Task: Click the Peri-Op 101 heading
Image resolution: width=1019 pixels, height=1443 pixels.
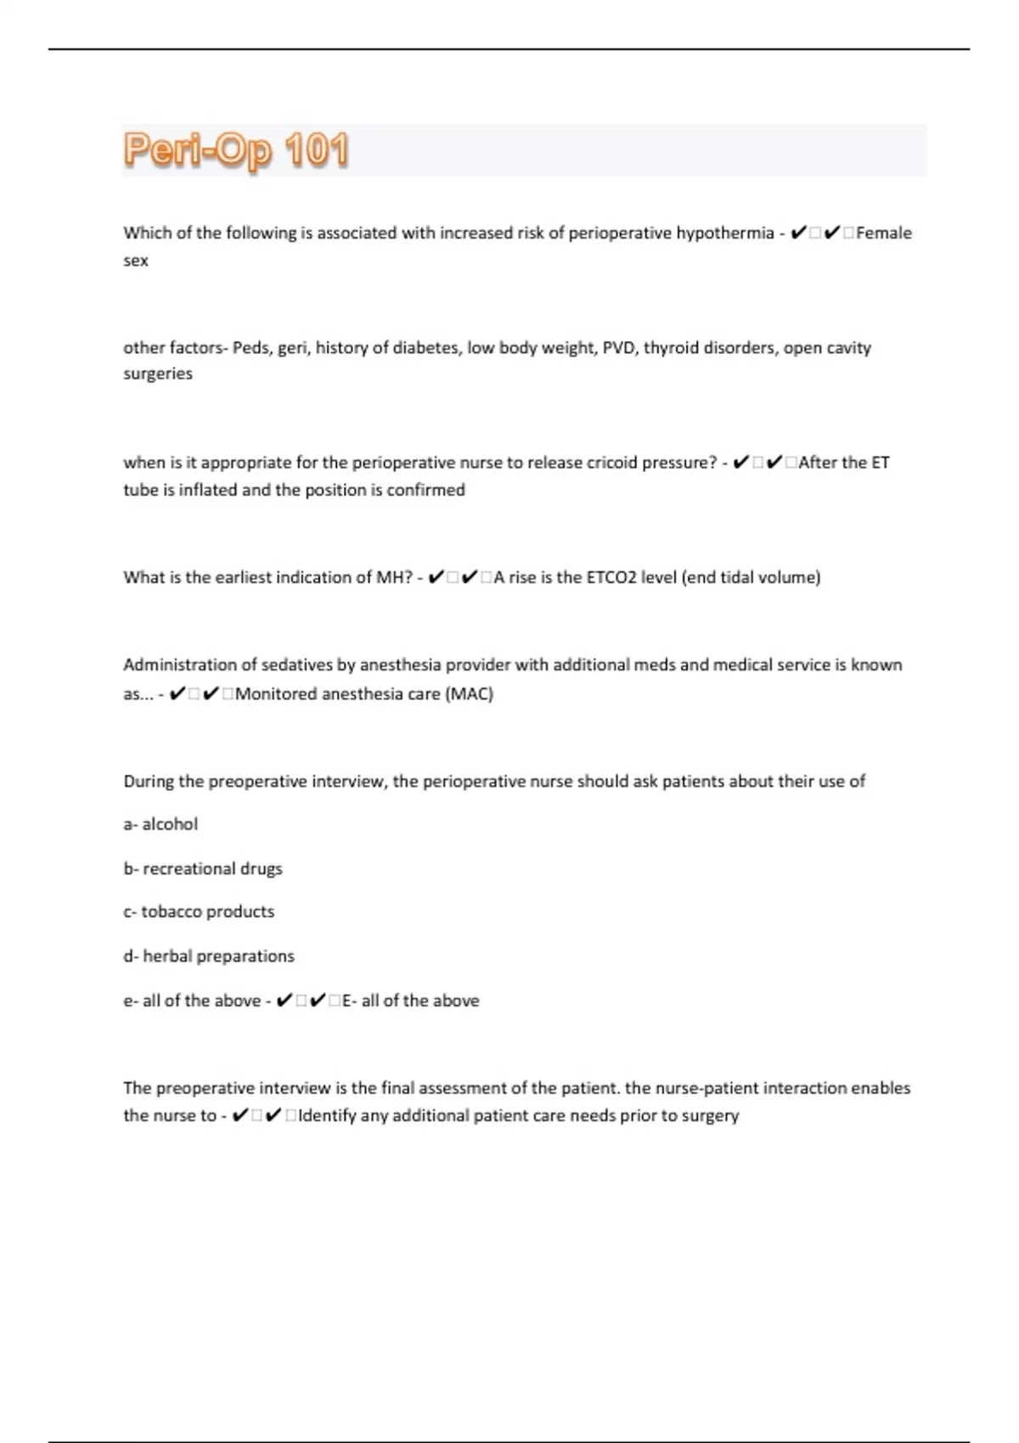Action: [236, 151]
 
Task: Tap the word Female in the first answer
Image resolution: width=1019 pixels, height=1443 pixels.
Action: [884, 233]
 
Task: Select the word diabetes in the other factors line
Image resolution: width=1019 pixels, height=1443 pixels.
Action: [425, 348]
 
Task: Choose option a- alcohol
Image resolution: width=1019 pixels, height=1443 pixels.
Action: [160, 824]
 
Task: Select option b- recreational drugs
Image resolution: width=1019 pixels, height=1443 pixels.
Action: [203, 868]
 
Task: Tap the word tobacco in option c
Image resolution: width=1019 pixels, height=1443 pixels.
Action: [171, 912]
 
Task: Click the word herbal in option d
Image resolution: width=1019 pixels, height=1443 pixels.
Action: [166, 956]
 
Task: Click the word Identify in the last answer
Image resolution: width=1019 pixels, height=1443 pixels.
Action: [326, 1115]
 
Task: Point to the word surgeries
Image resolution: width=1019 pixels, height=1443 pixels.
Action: [158, 373]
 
